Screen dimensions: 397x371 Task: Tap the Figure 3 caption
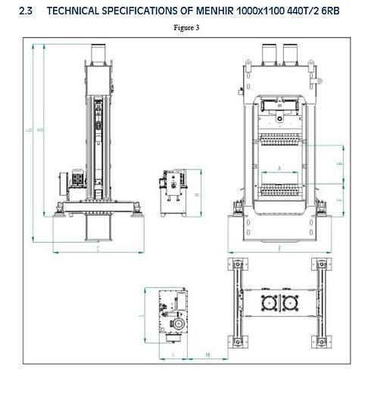tap(185, 28)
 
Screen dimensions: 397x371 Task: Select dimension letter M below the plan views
tap(186, 354)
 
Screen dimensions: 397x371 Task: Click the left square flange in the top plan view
tap(267, 303)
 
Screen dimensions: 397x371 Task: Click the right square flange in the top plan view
tap(291, 303)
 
